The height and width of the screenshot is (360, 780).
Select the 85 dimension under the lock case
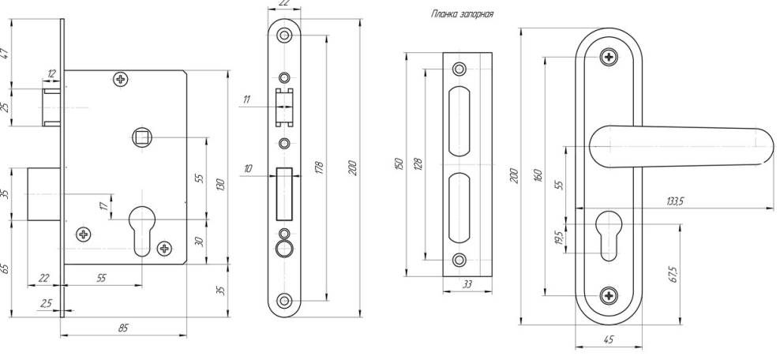(122, 328)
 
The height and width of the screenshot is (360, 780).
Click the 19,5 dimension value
(558, 237)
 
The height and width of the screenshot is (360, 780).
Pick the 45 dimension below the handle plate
(608, 342)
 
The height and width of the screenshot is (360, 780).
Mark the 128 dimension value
(418, 163)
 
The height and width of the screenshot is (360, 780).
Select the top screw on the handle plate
(608, 57)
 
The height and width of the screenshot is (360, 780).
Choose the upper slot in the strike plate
(459, 122)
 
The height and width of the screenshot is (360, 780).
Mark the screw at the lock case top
(120, 79)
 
